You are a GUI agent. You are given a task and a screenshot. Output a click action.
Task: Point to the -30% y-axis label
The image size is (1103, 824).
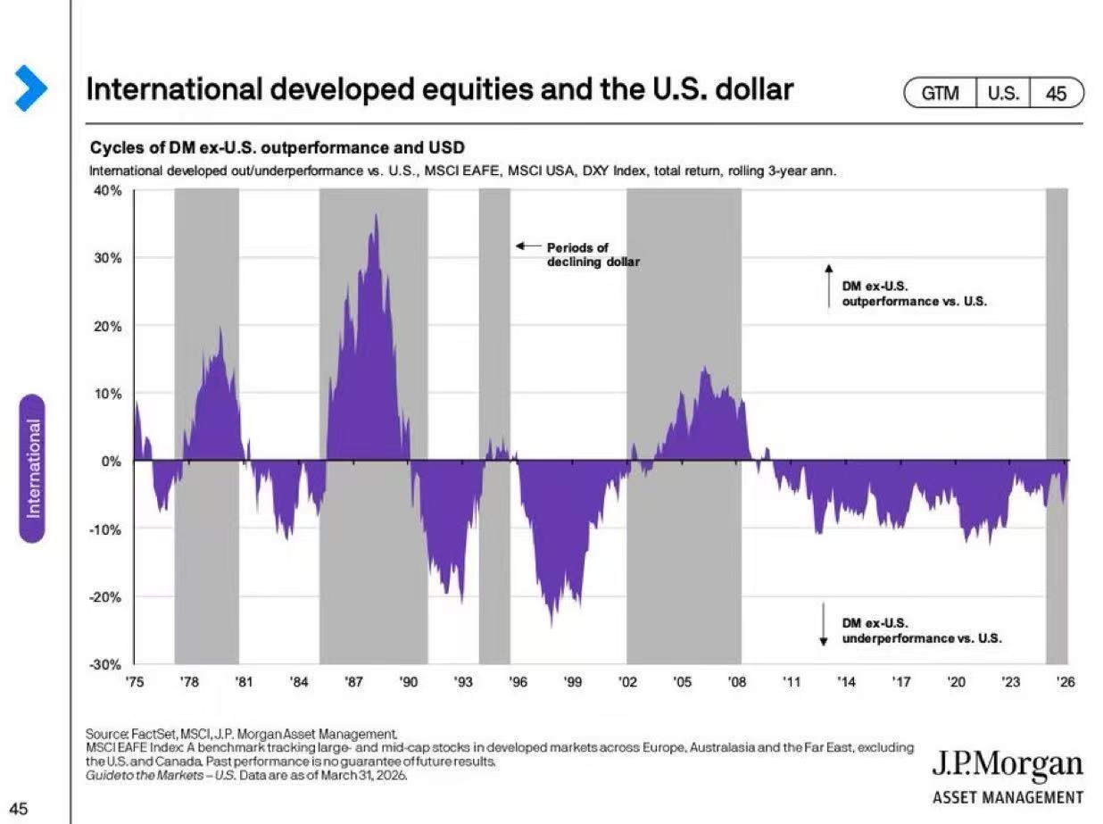pos(107,665)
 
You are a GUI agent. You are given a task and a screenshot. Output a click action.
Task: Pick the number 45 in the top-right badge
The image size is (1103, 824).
pos(1056,93)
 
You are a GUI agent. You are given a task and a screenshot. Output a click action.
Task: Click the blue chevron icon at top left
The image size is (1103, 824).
pos(29,87)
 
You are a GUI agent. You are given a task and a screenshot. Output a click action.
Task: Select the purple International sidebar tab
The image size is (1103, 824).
pos(33,468)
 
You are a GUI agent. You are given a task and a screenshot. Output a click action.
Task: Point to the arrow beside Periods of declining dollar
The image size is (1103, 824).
pos(528,246)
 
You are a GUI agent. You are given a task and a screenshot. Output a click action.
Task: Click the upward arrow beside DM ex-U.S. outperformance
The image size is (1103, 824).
pos(828,285)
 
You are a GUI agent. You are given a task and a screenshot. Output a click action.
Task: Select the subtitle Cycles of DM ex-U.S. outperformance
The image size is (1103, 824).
pos(278,147)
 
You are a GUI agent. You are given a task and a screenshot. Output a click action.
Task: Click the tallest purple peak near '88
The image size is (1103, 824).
pos(376,216)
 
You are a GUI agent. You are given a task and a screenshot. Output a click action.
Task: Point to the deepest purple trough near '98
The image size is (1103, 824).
pos(551,623)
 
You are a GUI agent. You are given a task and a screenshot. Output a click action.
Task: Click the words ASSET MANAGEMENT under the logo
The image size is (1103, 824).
pos(1008,798)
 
